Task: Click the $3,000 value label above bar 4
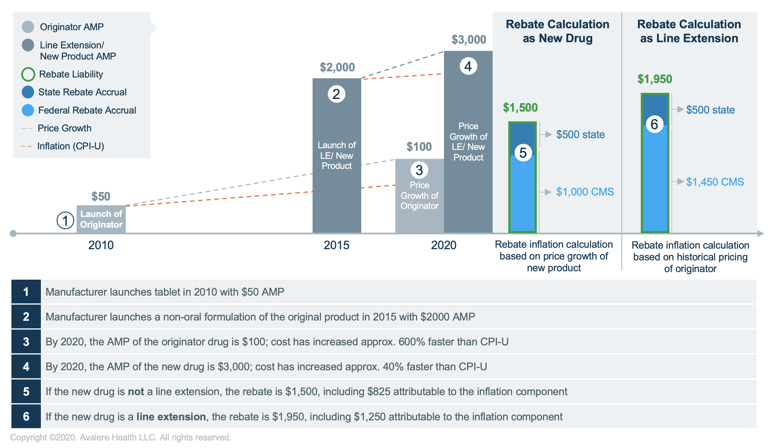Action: coord(469,40)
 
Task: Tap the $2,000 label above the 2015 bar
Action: coord(337,67)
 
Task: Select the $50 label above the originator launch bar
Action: coord(101,197)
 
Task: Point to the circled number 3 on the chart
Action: coord(419,170)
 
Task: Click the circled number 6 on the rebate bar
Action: coord(654,124)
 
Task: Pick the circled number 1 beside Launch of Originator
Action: coord(65,221)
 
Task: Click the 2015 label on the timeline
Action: coord(336,245)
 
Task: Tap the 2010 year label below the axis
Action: coord(101,245)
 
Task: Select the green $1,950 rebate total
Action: coord(655,79)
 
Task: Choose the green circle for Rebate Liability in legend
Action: coord(28,74)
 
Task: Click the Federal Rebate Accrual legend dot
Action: coord(28,110)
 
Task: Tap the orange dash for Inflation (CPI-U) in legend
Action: coord(27,146)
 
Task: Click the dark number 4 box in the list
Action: coord(26,366)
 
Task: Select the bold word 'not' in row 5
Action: coord(136,392)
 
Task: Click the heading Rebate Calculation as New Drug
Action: coord(557,31)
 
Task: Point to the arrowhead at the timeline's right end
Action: coord(760,234)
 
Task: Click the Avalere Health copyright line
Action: coord(120,437)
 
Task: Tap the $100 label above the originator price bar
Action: coord(419,147)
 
